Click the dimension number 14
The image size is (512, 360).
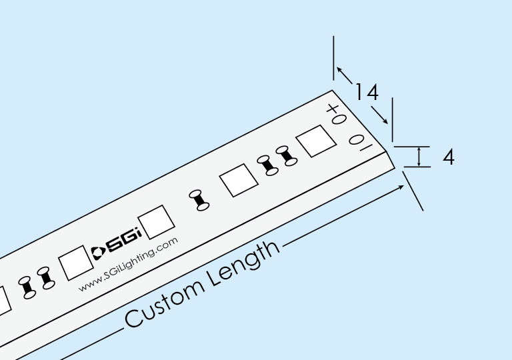tap(366, 91)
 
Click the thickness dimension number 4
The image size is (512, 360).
tap(449, 157)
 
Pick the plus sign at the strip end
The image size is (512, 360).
tap(333, 108)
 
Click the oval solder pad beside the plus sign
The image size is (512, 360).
tap(339, 119)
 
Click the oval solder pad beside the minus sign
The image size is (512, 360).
tap(357, 139)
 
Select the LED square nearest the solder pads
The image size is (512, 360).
tap(315, 141)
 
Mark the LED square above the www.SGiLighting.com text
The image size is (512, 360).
tap(75, 262)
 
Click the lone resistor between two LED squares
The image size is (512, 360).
tap(199, 200)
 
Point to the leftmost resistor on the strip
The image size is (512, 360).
tap(27, 286)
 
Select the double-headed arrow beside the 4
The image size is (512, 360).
tap(419, 156)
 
